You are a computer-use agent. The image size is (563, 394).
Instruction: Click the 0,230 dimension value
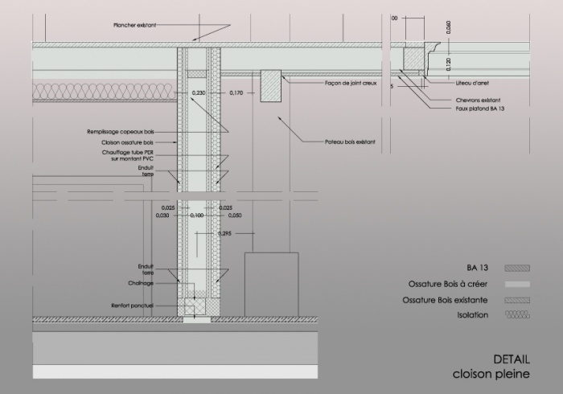pos(199,93)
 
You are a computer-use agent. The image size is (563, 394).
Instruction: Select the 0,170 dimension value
pos(236,93)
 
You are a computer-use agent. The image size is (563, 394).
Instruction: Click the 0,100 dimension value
pos(197,215)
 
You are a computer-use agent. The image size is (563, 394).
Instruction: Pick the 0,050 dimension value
pos(235,215)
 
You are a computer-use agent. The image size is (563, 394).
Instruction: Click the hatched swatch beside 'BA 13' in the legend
pos(515,268)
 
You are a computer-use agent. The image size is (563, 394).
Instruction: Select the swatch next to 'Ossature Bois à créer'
pos(515,284)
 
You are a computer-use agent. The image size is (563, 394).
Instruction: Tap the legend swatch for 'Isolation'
pos(515,314)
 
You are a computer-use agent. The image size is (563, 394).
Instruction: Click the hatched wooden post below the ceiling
pos(270,86)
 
